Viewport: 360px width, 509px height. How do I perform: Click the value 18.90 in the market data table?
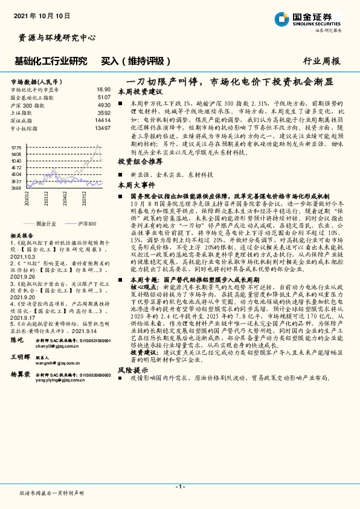pyautogui.click(x=103, y=89)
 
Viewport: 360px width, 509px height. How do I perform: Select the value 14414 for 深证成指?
pyautogui.click(x=103, y=120)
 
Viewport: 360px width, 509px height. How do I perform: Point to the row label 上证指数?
pyautogui.click(x=22, y=112)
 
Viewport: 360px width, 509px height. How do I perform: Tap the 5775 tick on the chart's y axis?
pyautogui.click(x=16, y=147)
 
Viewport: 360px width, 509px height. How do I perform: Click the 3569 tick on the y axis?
pyautogui.click(x=16, y=188)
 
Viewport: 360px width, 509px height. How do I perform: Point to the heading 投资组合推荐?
pyautogui.click(x=140, y=162)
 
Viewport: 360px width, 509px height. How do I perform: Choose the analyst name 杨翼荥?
pyautogui.click(x=21, y=375)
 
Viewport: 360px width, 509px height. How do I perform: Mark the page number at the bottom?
pyautogui.click(x=179, y=487)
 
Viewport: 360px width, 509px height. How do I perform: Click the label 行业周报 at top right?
pyautogui.click(x=321, y=61)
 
